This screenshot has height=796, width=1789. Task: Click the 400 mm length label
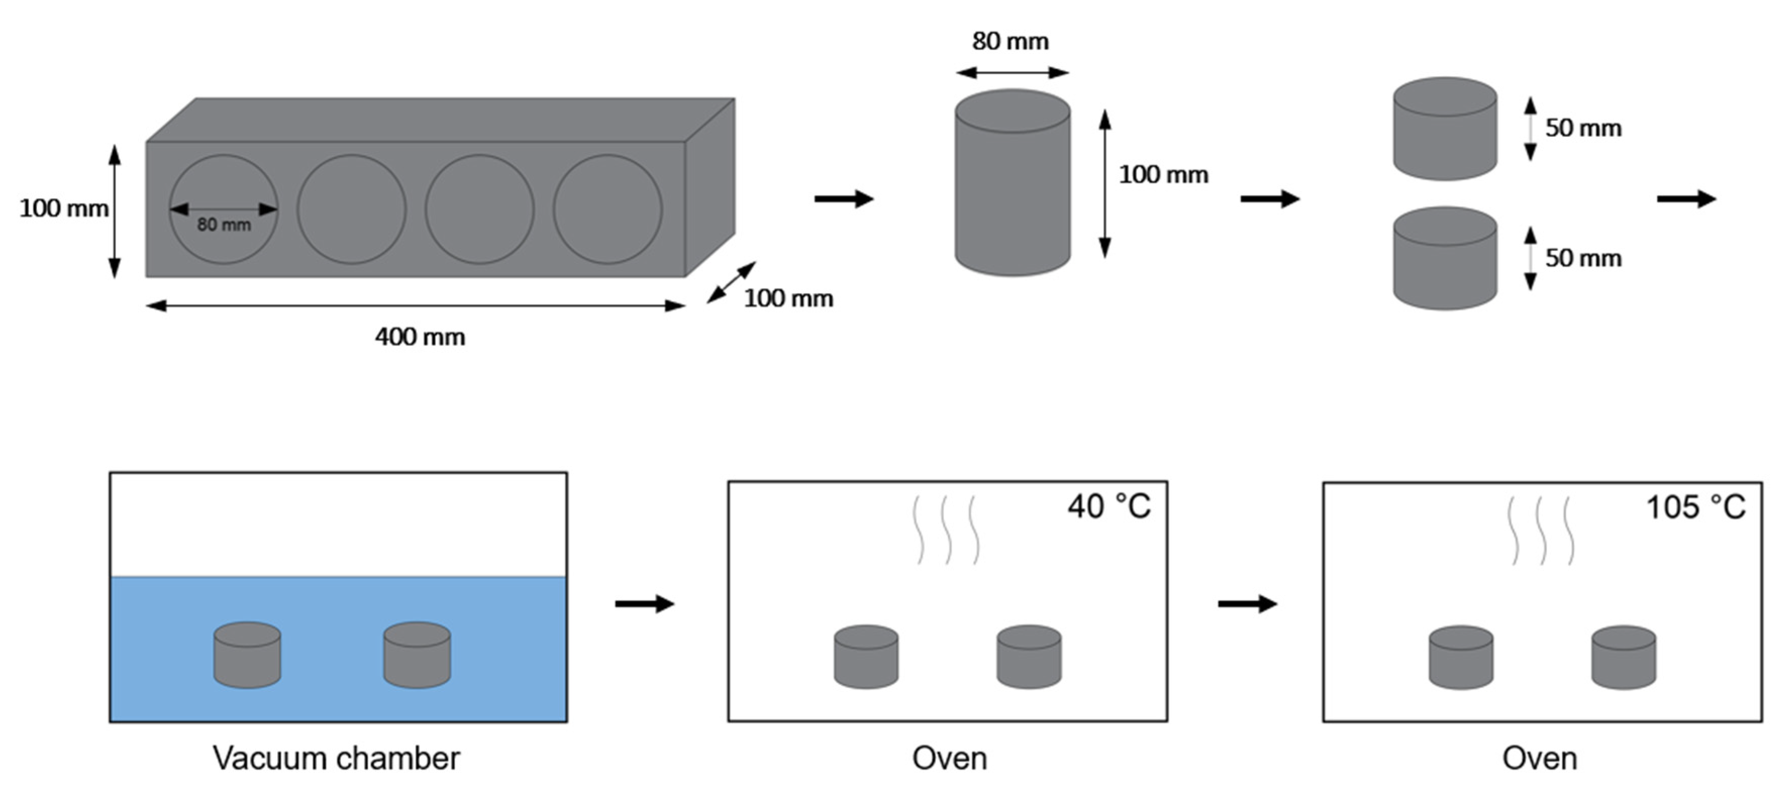(x=420, y=337)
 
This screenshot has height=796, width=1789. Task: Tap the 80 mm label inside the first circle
(x=224, y=225)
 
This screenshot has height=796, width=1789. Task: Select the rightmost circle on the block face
(x=607, y=209)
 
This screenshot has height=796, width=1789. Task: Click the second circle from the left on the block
(x=351, y=209)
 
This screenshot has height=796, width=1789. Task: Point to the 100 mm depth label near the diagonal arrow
(x=788, y=299)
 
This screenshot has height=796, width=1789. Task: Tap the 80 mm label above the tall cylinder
(x=1010, y=42)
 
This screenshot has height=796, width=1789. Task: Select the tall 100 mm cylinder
(x=1012, y=184)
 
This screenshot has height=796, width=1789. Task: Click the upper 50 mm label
(x=1583, y=129)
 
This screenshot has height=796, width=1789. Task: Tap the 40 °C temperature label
(x=1109, y=506)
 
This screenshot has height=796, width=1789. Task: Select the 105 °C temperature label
(x=1695, y=507)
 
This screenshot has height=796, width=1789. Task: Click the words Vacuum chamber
(x=336, y=758)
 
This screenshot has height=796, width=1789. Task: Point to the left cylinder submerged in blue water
(x=247, y=655)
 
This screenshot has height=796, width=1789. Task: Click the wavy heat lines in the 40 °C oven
(x=946, y=530)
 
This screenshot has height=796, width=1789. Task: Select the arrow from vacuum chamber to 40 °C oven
(x=644, y=604)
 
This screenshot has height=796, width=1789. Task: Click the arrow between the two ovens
(x=1247, y=604)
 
